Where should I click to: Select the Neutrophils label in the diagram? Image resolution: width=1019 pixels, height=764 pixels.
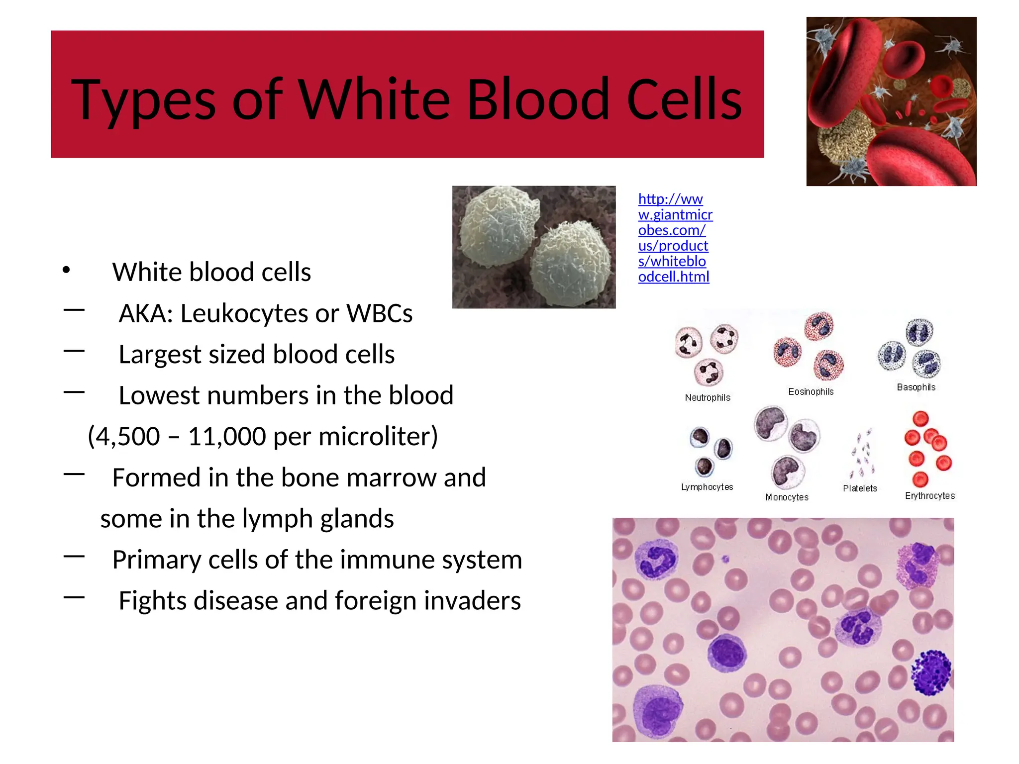click(x=707, y=397)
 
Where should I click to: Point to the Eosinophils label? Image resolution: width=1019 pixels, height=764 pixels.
click(x=811, y=391)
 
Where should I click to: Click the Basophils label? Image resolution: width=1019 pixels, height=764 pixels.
click(x=916, y=387)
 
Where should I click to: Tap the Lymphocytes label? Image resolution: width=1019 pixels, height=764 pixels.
click(x=707, y=487)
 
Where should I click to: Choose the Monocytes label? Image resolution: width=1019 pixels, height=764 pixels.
click(x=787, y=497)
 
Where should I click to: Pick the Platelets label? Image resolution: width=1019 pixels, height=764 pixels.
click(x=860, y=488)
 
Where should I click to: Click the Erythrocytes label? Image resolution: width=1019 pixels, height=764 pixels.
click(x=929, y=495)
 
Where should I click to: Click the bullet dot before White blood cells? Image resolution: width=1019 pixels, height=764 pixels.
click(x=66, y=271)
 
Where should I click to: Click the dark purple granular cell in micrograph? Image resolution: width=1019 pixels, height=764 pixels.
click(x=931, y=672)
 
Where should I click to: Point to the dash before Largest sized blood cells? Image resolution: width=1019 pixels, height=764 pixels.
click(x=74, y=351)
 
